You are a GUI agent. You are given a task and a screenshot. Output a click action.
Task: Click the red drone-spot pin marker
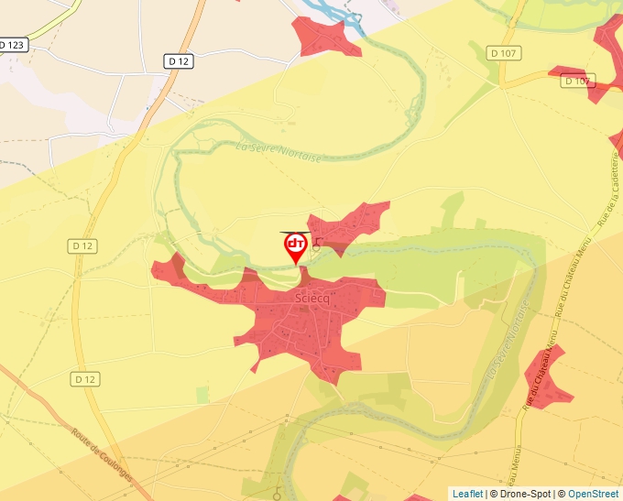pos(295,245)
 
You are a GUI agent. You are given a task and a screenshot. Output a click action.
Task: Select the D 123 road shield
pos(12,44)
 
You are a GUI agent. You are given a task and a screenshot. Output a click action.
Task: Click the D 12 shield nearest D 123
pos(180,61)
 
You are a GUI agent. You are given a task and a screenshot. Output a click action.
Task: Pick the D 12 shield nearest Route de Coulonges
pos(84,378)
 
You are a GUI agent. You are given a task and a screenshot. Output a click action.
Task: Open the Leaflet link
pos(467,494)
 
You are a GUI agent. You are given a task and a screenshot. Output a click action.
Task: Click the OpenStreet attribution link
pos(595,494)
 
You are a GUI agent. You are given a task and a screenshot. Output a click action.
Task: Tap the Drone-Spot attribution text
pos(522,494)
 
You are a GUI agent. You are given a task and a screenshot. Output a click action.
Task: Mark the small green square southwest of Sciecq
pos(202,394)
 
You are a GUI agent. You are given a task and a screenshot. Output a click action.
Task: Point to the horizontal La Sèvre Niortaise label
pos(279,151)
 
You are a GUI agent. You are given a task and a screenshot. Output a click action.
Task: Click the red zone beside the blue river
pos(325,37)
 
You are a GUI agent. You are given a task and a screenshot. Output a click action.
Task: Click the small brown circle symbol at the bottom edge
pos(278,496)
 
